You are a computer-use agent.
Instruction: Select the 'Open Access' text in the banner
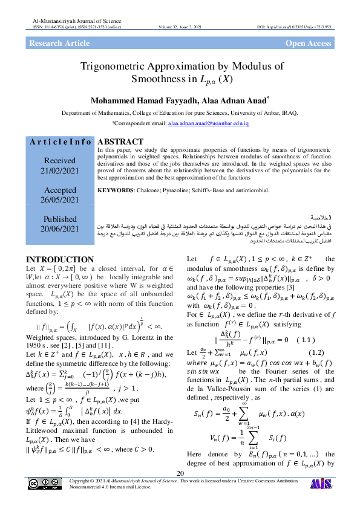[308, 44]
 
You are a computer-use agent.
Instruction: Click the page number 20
[180, 473]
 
